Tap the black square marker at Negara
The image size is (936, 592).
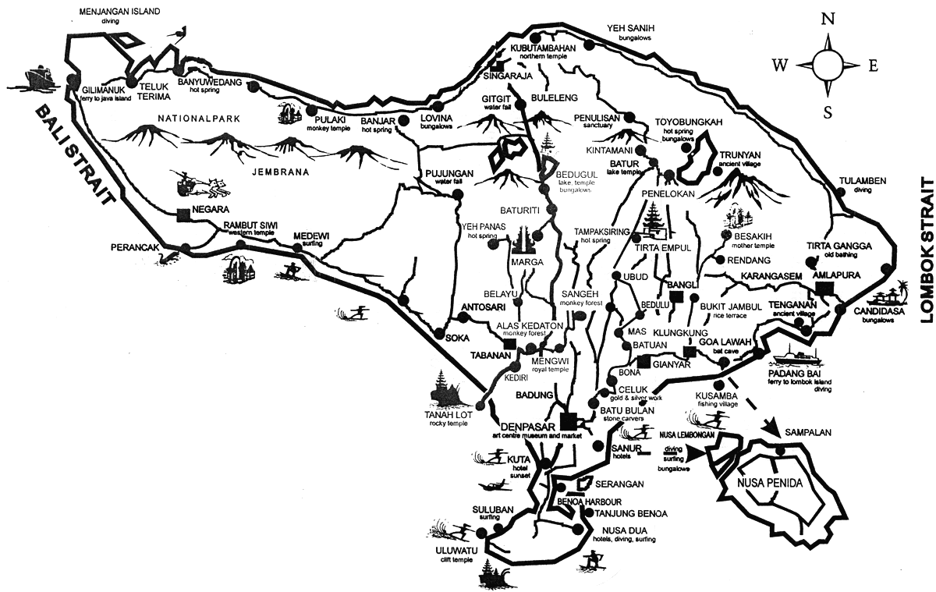point(183,214)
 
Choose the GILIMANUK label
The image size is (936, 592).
point(101,90)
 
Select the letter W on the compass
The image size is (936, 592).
point(779,66)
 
